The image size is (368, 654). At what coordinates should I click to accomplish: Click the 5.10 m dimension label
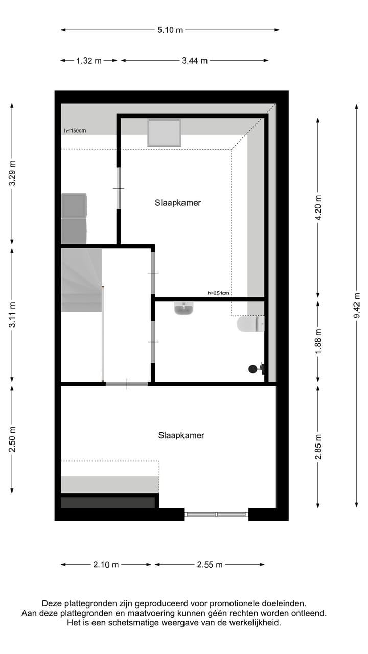[x=170, y=30]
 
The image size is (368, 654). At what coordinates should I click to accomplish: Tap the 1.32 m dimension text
[x=89, y=61]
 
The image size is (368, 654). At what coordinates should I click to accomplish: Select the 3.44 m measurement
[x=195, y=61]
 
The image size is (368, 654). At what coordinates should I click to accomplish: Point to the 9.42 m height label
[x=357, y=309]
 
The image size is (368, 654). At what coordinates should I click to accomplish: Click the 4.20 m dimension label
[x=318, y=208]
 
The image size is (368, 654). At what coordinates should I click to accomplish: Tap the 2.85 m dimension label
[x=318, y=447]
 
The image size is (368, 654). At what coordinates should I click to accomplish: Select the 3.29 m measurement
[x=12, y=174]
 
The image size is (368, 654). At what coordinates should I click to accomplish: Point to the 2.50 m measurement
[x=12, y=439]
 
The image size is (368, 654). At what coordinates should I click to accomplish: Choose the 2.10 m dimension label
[x=106, y=565]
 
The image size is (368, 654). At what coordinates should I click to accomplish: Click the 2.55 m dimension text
[x=210, y=565]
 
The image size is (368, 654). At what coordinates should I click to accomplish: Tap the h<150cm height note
[x=75, y=131]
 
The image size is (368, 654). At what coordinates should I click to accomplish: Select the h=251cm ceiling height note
[x=218, y=293]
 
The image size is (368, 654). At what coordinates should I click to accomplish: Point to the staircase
[x=81, y=280]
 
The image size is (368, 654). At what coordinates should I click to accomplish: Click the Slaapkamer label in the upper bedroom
[x=178, y=203]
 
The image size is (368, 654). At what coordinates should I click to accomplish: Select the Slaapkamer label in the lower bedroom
[x=181, y=436]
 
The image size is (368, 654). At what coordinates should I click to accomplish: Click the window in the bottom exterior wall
[x=216, y=514]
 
